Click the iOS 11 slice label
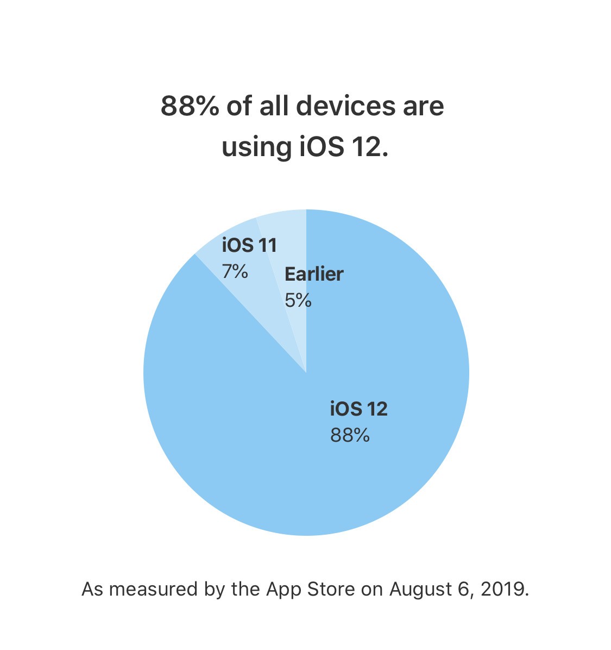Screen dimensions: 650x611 249,245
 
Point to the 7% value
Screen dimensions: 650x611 235,271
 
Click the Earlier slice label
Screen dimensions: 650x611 314,274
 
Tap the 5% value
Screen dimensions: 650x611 298,300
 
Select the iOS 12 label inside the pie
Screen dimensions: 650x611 358,408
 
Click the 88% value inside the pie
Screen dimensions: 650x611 350,435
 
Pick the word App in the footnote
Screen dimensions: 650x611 283,589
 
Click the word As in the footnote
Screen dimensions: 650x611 92,589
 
